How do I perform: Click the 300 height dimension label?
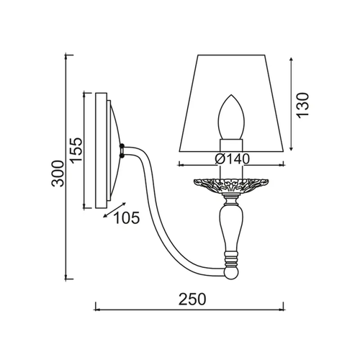[58, 174]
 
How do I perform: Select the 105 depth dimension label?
[127, 218]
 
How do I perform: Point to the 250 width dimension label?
[192, 299]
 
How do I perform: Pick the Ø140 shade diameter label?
[233, 159]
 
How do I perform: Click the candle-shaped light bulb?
[231, 117]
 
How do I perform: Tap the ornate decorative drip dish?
[231, 185]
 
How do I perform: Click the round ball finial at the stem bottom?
[231, 274]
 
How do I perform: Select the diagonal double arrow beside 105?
[114, 210]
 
